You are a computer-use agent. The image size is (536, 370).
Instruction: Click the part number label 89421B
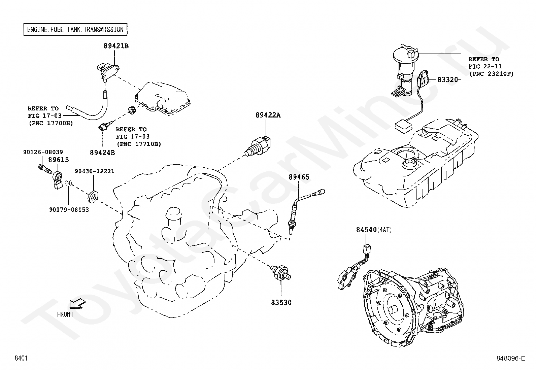[116, 46]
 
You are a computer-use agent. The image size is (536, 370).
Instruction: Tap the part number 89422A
[268, 115]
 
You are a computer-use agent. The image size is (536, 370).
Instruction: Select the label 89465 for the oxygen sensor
[299, 177]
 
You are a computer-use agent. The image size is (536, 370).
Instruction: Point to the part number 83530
[281, 303]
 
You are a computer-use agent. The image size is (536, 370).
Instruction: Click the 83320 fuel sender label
[447, 79]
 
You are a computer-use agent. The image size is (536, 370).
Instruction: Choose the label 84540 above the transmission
[366, 230]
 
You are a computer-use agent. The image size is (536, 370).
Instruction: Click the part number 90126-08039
[43, 152]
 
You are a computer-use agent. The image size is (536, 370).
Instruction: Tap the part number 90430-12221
[95, 171]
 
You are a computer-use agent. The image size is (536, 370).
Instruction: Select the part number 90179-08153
[69, 210]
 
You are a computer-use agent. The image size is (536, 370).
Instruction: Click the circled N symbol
[68, 183]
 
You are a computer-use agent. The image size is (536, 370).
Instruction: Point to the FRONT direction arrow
[77, 304]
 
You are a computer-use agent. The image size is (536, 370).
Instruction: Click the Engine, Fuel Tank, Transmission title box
[75, 29]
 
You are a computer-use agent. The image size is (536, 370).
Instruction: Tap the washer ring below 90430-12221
[93, 196]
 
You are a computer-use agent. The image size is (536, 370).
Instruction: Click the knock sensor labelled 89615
[58, 179]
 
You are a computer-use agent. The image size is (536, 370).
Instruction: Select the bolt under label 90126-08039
[45, 169]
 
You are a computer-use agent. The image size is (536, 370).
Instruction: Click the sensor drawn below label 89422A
[258, 146]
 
